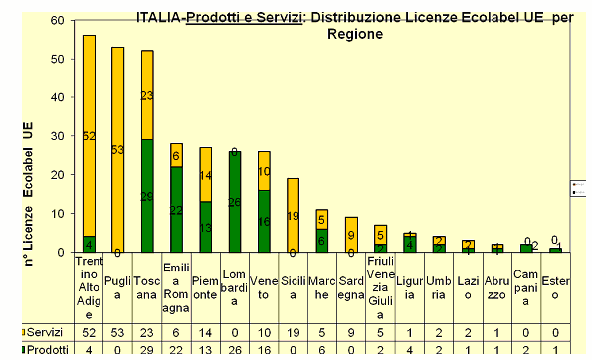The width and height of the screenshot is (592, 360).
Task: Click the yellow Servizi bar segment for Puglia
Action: (117, 149)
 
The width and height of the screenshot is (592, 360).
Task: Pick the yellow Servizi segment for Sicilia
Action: (294, 215)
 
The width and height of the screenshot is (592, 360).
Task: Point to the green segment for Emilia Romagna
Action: (176, 210)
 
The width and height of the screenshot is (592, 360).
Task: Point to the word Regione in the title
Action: (354, 33)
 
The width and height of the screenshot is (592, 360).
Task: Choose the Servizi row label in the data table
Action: (45, 330)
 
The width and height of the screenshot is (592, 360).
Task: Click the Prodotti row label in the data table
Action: (47, 349)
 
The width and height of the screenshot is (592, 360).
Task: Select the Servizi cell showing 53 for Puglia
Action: (118, 330)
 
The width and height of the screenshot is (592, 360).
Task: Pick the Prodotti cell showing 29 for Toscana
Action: (147, 349)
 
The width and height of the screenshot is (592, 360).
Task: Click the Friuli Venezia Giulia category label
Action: (381, 281)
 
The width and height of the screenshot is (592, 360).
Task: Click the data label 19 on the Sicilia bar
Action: (294, 216)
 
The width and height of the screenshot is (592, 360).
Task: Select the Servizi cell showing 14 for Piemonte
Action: (206, 330)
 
